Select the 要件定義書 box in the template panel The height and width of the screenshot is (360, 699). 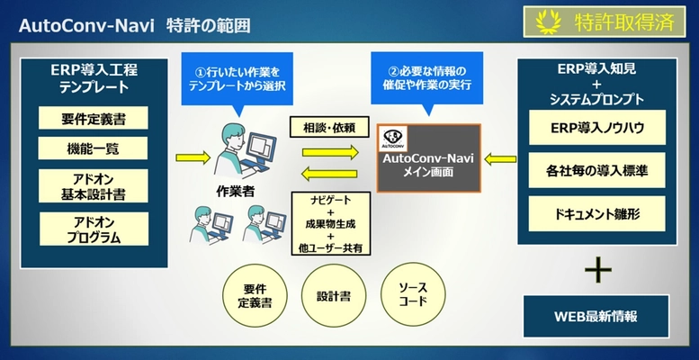93,119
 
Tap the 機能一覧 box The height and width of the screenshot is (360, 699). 93,148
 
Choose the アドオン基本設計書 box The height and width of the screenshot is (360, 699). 93,185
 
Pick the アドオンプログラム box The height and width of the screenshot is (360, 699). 93,230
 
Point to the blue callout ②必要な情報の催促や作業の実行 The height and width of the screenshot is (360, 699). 427,77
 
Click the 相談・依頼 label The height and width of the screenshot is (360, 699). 324,128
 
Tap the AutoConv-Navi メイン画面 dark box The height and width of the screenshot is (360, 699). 428,157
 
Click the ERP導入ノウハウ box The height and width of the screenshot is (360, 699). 596,128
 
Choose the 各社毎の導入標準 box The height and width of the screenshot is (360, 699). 596,170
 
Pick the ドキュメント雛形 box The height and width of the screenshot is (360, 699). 596,213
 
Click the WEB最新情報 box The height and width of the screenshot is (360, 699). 596,316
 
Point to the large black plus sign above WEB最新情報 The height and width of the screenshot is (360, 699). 597,270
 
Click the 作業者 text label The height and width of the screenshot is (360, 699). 233,190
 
